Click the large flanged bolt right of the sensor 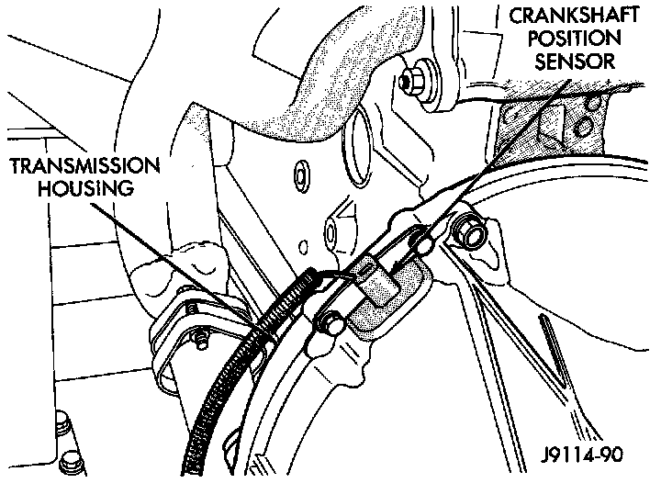tap(467, 231)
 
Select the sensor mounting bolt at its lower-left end tap(331, 323)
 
